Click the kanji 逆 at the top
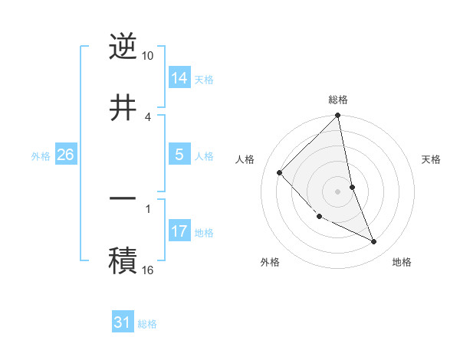pyautogui.click(x=123, y=47)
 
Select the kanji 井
pyautogui.click(x=123, y=107)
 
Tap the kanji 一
pyautogui.click(x=123, y=198)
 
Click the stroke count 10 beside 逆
pyautogui.click(x=148, y=56)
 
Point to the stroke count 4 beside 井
pyautogui.click(x=148, y=116)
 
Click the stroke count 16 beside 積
pyautogui.click(x=148, y=270)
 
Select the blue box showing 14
pyautogui.click(x=179, y=78)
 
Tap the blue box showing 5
pyautogui.click(x=179, y=155)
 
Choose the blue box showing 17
pyautogui.click(x=179, y=231)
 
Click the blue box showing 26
pyautogui.click(x=65, y=155)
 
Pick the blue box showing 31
pyautogui.click(x=123, y=322)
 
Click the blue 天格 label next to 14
pyautogui.click(x=204, y=79)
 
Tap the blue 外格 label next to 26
pyautogui.click(x=41, y=155)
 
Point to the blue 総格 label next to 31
pyautogui.click(x=147, y=323)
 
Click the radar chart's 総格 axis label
pyautogui.click(x=338, y=100)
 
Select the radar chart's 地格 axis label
pyautogui.click(x=402, y=262)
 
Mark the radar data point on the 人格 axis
pyautogui.click(x=280, y=172)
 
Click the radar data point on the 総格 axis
pyautogui.click(x=338, y=116)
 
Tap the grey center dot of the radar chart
pyautogui.click(x=338, y=191)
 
